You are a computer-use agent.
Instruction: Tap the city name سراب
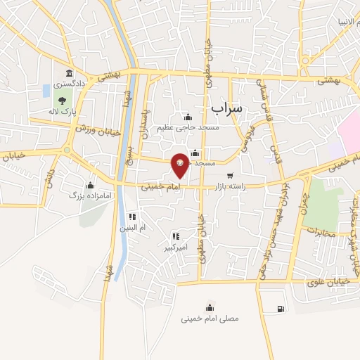click(226, 108)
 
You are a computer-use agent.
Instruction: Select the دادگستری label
click(69, 84)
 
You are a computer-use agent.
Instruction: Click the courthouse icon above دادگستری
click(69, 73)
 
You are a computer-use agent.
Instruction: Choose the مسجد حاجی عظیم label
click(188, 127)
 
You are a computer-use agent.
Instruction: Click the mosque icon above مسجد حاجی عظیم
click(188, 117)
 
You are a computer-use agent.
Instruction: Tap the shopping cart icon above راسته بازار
click(230, 176)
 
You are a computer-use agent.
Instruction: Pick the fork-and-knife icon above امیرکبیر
click(174, 236)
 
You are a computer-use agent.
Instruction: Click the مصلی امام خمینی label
click(210, 319)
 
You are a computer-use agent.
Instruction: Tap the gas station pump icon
click(281, 308)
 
